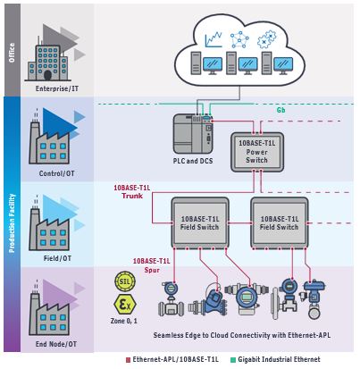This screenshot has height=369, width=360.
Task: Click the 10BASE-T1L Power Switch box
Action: coord(257,152)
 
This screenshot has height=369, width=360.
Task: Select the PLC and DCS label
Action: coord(193,161)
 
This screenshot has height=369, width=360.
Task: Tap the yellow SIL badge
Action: coord(125,281)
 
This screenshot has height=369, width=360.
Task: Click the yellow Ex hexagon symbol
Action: coord(125,305)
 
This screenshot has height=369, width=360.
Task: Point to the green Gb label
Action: coord(280,110)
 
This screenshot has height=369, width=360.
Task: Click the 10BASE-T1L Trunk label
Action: coord(132,192)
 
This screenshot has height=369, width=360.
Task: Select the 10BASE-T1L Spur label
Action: coord(151,265)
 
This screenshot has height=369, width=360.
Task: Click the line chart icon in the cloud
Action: coord(213,39)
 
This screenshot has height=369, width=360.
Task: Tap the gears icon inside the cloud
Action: coord(267,39)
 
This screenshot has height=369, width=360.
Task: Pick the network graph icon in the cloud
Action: coord(239,40)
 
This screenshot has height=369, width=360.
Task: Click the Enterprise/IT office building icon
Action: coord(48,63)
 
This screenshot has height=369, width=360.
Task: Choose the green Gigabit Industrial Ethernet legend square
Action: coord(233,360)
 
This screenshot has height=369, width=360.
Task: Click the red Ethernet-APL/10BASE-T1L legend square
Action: coord(128,360)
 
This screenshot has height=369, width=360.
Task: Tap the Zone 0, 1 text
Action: coord(124,321)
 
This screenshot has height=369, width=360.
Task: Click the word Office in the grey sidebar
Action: coord(12,53)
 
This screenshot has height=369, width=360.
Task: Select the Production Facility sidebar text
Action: coord(12,223)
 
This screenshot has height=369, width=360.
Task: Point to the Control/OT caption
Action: coord(57,173)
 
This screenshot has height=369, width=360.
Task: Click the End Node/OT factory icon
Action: coord(49,312)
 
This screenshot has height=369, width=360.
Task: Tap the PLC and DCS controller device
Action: coord(193,133)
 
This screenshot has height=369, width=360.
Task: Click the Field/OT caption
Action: coord(57,258)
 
